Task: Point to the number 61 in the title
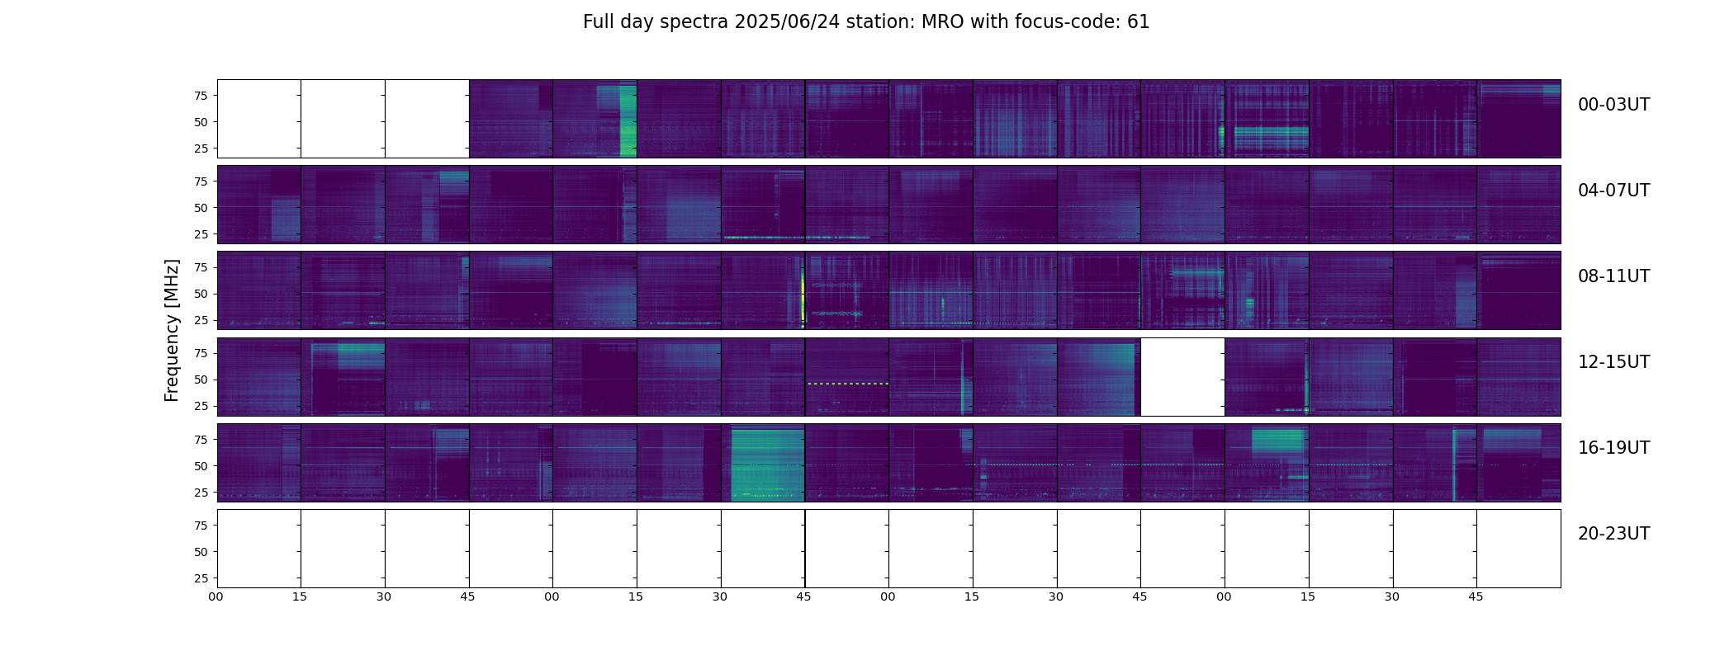pos(1138,22)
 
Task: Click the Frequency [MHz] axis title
pos(172,330)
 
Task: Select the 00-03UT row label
pos(1613,105)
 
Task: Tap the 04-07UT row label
pos(1613,191)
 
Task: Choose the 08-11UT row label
pos(1613,276)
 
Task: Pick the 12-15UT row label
pos(1613,362)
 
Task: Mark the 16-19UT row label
pos(1613,448)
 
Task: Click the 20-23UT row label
pos(1613,534)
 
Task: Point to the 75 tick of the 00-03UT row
pos(201,96)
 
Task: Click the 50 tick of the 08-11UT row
pos(201,294)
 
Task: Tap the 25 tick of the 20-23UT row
pos(201,578)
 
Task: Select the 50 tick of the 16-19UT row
pos(201,466)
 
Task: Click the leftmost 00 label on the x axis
pos(216,597)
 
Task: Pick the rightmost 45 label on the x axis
pos(1476,597)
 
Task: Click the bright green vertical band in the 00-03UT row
pos(628,120)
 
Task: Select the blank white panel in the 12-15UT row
pos(1182,377)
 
